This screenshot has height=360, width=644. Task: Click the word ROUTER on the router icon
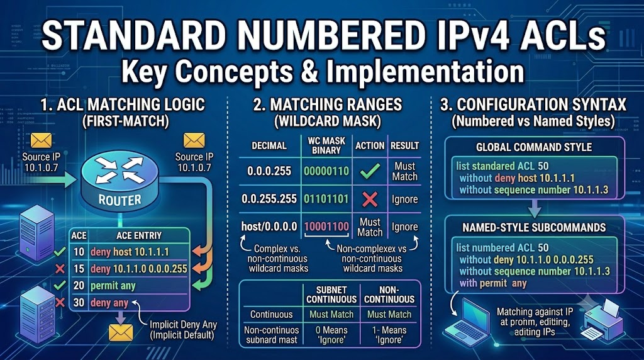(x=119, y=200)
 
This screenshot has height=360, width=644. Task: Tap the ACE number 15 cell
(x=79, y=269)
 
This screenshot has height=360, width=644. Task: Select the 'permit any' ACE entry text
(x=113, y=286)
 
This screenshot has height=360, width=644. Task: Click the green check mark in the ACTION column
(x=370, y=171)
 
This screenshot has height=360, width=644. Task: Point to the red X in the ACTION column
(x=370, y=200)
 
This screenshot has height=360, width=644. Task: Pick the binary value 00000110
(x=326, y=171)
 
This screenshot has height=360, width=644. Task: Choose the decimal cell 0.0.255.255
(x=269, y=200)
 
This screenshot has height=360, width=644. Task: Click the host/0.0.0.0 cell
(x=269, y=227)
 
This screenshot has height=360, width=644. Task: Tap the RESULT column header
(x=404, y=146)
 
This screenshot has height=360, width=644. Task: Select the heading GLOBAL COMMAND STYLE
(x=534, y=147)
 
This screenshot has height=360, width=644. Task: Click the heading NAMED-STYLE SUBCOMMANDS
(x=534, y=228)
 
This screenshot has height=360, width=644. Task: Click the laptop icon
(x=467, y=319)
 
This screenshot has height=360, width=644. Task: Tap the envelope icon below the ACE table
(x=121, y=332)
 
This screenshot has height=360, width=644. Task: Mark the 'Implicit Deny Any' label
(x=183, y=324)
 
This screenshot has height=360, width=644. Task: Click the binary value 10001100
(x=326, y=227)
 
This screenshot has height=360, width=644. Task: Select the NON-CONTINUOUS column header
(x=389, y=295)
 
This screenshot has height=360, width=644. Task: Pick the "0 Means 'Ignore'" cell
(x=331, y=335)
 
